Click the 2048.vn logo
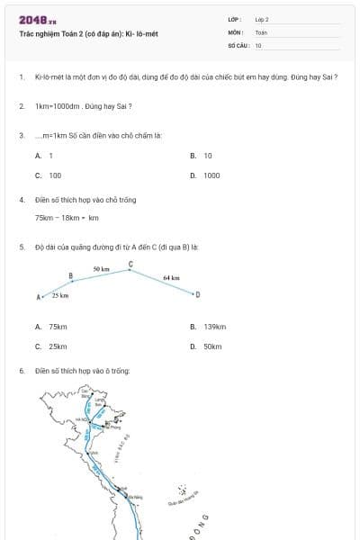(x=37, y=20)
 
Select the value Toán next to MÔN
(x=261, y=31)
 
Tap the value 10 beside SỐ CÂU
(x=258, y=45)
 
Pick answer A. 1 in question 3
(x=44, y=156)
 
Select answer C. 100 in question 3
(x=49, y=175)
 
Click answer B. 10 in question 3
(x=202, y=156)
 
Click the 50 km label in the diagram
(x=101, y=269)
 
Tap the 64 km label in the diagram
(x=171, y=278)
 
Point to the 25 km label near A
(x=60, y=295)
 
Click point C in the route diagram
(x=130, y=265)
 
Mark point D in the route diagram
(x=197, y=293)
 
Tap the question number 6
(x=21, y=370)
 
